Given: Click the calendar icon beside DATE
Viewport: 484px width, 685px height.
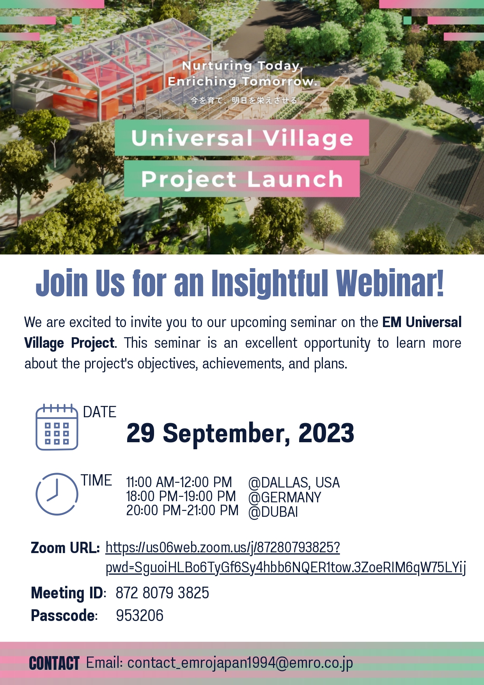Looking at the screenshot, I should (x=57, y=427).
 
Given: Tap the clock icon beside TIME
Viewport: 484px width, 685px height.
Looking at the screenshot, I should (x=57, y=494).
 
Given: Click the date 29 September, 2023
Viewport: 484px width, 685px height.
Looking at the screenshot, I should (x=240, y=433).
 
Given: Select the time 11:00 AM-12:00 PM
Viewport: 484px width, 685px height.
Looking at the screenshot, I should (x=179, y=482).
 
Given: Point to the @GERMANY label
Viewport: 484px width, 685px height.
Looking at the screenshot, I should (x=285, y=498).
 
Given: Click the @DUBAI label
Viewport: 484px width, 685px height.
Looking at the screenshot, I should (x=273, y=512).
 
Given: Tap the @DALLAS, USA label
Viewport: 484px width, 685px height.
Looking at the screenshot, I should (x=294, y=483).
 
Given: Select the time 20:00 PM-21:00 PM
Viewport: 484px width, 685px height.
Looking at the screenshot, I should (x=182, y=511).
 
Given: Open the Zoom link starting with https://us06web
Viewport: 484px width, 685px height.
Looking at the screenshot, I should (x=223, y=548).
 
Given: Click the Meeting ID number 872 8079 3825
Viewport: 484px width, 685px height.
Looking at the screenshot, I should (x=162, y=593).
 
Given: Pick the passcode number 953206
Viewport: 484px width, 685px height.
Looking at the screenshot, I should (x=140, y=616).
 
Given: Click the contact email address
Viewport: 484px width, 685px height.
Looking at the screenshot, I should (x=240, y=663).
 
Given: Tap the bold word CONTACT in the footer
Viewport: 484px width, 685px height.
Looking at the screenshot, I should (x=54, y=664).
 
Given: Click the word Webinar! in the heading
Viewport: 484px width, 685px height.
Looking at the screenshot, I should (x=390, y=283).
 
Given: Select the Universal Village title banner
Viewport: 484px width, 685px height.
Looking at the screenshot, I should (x=242, y=138).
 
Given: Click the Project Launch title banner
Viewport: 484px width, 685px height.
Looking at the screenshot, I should (x=242, y=179).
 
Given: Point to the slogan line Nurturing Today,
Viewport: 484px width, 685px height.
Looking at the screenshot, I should (x=242, y=66).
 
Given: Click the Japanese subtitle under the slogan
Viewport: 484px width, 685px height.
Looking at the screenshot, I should (x=244, y=100).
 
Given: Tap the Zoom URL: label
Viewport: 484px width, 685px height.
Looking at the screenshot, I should (x=66, y=548).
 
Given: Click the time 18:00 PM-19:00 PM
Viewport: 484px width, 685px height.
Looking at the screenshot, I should (x=181, y=496).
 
